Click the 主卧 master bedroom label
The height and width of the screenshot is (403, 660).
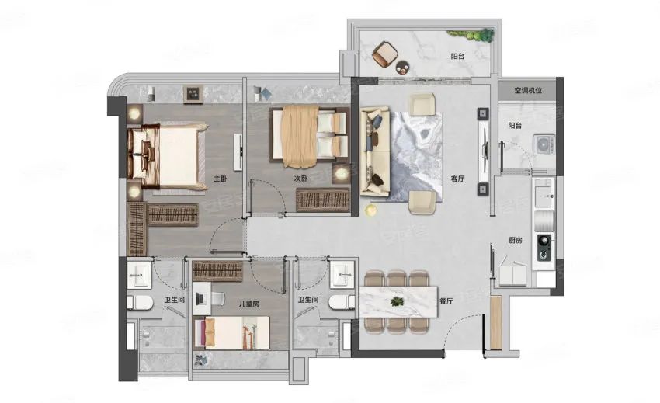click(x=221, y=179)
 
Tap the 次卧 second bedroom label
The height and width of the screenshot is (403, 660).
click(x=300, y=179)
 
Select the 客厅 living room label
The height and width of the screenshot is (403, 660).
click(x=457, y=179)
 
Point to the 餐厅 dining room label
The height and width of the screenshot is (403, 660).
click(x=446, y=301)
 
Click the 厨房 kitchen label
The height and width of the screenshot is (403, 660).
click(x=516, y=241)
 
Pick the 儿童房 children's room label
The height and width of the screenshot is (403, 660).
click(x=248, y=304)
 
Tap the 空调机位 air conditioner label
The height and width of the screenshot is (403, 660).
click(x=528, y=90)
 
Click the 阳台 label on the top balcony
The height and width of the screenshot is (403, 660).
click(x=457, y=56)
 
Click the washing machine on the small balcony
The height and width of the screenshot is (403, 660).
click(x=544, y=144)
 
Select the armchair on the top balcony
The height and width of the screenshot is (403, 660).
click(x=384, y=54)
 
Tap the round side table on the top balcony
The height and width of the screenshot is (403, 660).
click(x=403, y=67)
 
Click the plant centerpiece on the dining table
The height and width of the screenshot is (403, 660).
click(x=397, y=301)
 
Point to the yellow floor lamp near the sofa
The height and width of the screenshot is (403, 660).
click(x=370, y=210)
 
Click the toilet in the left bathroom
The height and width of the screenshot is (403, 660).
click(x=139, y=302)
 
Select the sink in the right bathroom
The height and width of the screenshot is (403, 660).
click(x=342, y=274)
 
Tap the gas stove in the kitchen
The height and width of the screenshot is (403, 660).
click(x=544, y=247)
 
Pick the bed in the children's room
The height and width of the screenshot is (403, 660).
click(x=231, y=332)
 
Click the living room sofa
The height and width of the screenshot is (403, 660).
click(x=374, y=151)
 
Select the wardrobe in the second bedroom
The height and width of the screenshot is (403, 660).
click(x=323, y=200)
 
